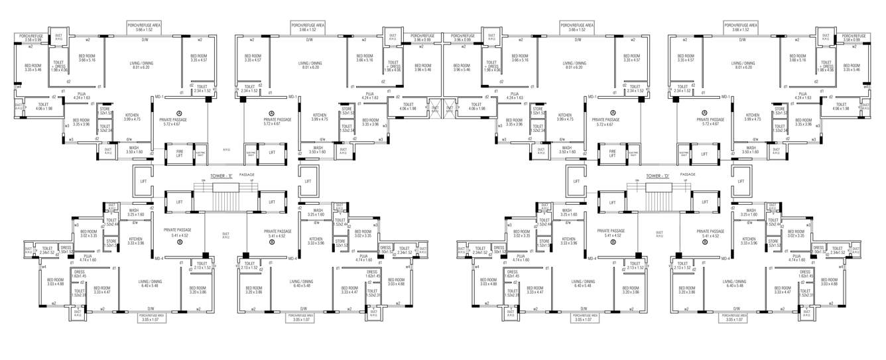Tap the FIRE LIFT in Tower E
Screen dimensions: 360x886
(178, 152)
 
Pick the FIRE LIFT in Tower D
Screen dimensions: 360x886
(613, 152)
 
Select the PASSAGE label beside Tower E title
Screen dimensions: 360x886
(247, 174)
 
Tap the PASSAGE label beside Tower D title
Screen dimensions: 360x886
(688, 174)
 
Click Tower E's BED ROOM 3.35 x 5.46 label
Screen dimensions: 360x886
(32, 67)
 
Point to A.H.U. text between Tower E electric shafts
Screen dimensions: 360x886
(226, 151)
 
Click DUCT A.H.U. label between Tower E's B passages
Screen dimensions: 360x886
(225, 233)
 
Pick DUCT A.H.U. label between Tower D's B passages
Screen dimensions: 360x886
(659, 233)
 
